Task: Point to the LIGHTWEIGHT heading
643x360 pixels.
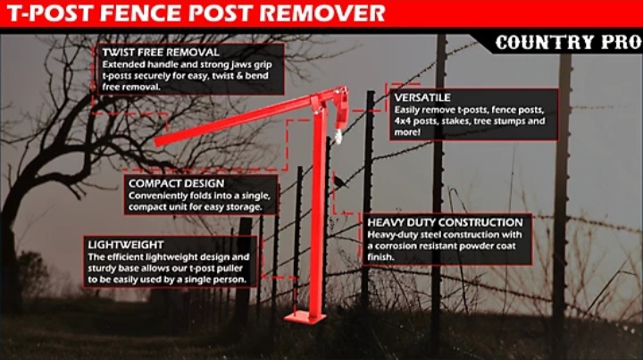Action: tap(125, 244)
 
